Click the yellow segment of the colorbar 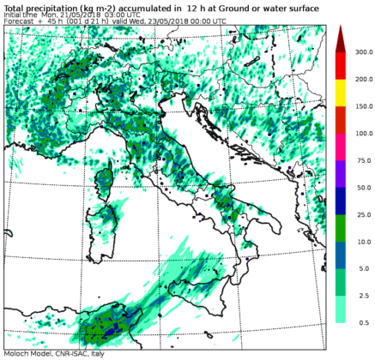click(x=340, y=93)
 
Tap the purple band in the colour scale click(x=340, y=173)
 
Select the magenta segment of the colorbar click(x=340, y=147)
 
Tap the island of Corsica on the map click(x=107, y=182)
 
